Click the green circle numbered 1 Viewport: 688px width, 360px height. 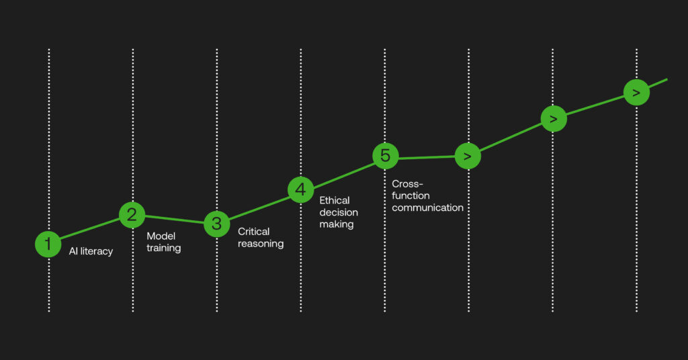pos(48,244)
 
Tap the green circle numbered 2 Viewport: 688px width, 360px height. pos(132,214)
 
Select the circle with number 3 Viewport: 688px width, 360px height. pos(216,224)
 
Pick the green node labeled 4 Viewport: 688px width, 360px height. pos(300,189)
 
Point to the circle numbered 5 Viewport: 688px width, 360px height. pos(385,155)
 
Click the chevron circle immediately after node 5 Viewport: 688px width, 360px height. pos(468,156)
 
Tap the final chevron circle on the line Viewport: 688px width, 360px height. pos(636,92)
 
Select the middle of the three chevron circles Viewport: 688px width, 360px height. pos(553,119)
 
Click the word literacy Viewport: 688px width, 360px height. pos(97,252)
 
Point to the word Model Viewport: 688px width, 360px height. pos(161,236)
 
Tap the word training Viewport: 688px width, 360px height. pos(164,248)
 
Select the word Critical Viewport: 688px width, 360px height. pos(254,231)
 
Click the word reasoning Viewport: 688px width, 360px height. pos(261,243)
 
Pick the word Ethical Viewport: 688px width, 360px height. pos(335,200)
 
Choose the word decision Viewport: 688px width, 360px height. pos(339,212)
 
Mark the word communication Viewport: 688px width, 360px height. pos(427,208)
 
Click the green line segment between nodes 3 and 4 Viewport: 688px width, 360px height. pos(258,207)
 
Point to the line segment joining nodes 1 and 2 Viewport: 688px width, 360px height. pos(90,229)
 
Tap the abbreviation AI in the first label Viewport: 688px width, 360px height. pos(74,252)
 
